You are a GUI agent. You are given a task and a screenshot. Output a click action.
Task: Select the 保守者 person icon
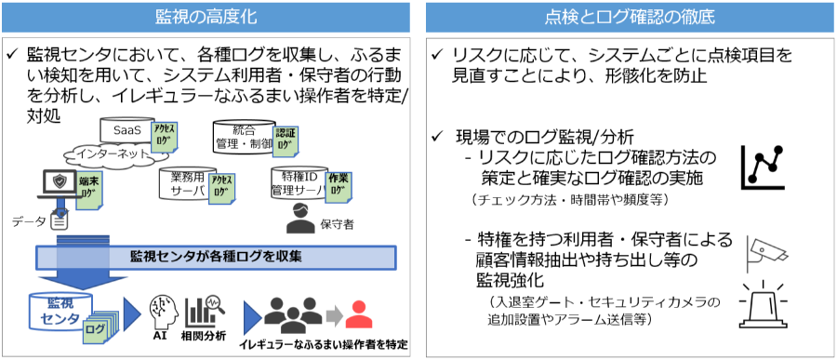299,220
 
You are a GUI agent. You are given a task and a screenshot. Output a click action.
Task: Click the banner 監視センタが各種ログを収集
215,257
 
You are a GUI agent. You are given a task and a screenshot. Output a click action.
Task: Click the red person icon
358,313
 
